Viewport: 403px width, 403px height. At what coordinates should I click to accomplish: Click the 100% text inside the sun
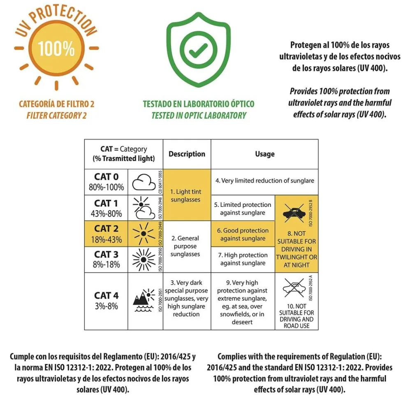[56, 49]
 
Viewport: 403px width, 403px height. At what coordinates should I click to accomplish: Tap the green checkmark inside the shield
[198, 50]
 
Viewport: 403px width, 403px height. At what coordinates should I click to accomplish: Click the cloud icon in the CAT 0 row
[144, 182]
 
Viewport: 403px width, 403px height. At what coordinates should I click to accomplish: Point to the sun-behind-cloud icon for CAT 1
[144, 208]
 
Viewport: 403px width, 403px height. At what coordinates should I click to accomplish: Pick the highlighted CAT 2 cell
[106, 234]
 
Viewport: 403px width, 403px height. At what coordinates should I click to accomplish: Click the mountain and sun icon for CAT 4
[144, 300]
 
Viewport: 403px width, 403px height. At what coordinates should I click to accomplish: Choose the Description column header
[187, 154]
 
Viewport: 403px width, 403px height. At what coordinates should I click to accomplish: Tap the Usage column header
[265, 154]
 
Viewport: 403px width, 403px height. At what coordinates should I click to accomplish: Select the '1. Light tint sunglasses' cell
[187, 195]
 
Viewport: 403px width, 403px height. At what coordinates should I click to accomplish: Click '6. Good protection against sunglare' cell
[243, 234]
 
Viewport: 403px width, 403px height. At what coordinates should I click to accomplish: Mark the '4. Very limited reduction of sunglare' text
[265, 181]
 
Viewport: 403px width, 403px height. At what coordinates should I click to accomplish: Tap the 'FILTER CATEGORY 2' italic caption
[57, 116]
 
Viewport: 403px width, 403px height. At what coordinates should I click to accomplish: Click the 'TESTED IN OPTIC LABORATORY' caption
[199, 116]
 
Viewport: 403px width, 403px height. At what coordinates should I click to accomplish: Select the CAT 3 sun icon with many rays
[144, 259]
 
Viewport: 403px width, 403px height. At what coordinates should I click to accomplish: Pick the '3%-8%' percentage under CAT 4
[107, 306]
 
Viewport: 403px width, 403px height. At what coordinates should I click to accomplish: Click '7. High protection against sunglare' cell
[243, 259]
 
